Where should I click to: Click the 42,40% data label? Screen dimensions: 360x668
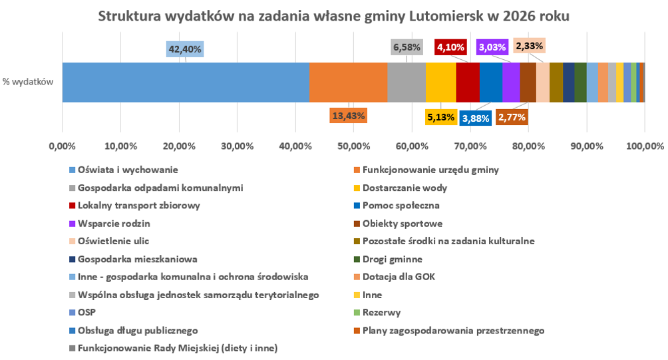pos(185,49)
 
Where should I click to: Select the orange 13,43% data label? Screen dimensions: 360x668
pos(349,115)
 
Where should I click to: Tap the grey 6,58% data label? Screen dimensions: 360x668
pos(407,47)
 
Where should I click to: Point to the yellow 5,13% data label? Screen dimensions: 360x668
pos(441,117)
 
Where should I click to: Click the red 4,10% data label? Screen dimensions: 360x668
pos(451,47)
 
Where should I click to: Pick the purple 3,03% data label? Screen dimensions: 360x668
pos(492,47)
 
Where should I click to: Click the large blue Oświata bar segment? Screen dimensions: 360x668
pos(186,83)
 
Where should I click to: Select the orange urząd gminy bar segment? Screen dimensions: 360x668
pos(349,83)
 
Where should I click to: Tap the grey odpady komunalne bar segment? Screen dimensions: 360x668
pos(407,83)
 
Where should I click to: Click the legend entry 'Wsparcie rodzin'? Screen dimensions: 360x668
pos(114,224)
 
